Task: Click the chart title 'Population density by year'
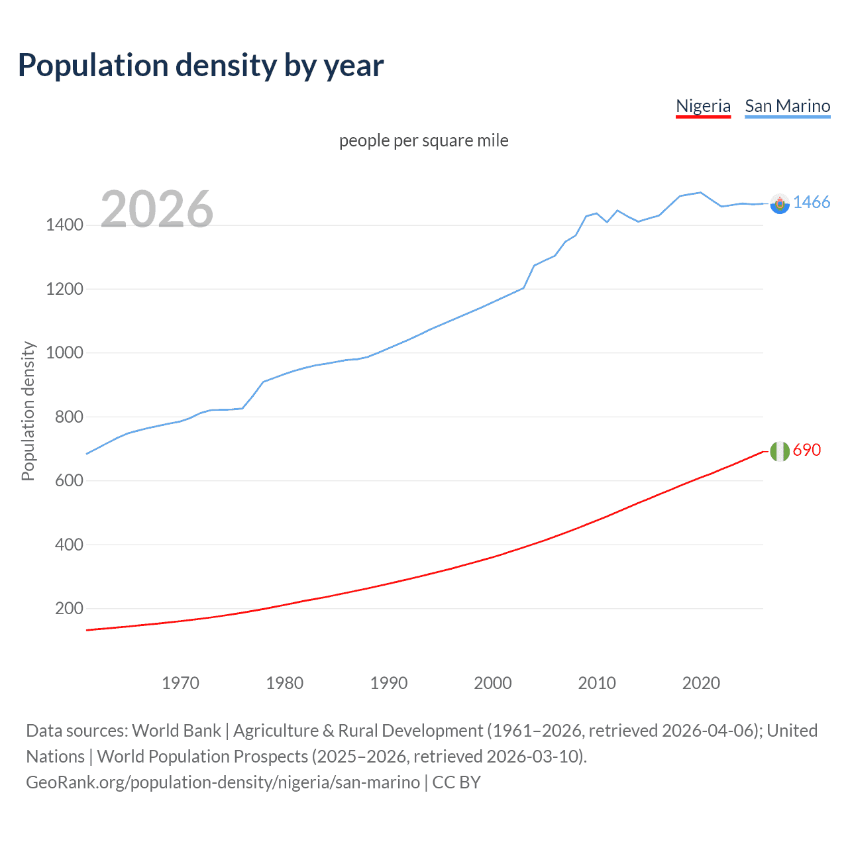(x=201, y=66)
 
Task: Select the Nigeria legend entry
(x=703, y=106)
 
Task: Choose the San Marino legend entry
(x=787, y=106)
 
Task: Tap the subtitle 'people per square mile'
(x=423, y=141)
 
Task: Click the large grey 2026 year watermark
(x=157, y=209)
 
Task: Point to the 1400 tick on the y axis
(x=64, y=225)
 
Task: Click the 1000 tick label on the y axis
(x=64, y=353)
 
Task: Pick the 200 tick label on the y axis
(x=69, y=609)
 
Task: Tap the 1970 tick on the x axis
(x=180, y=683)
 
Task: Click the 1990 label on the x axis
(x=389, y=683)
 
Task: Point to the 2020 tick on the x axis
(x=701, y=683)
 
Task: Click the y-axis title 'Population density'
(x=28, y=411)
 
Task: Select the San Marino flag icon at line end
(x=780, y=204)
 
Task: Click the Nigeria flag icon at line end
(x=780, y=451)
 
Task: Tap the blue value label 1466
(x=812, y=203)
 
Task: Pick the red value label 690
(x=807, y=450)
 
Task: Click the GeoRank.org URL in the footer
(x=223, y=782)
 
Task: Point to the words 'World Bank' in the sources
(x=176, y=731)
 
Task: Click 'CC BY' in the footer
(x=456, y=782)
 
